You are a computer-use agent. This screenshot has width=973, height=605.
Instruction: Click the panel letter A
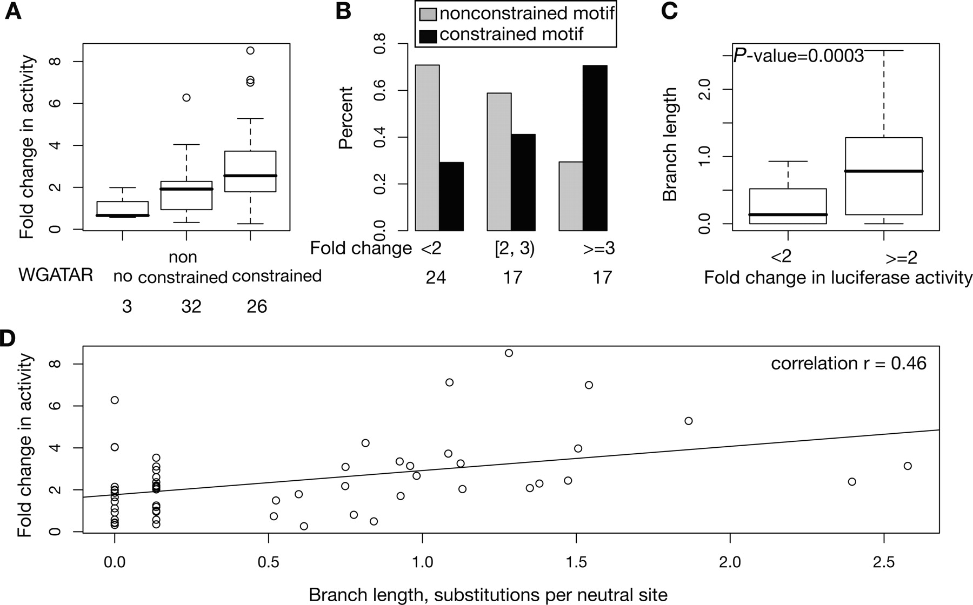click(13, 11)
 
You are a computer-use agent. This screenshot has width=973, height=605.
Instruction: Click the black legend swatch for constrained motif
click(428, 35)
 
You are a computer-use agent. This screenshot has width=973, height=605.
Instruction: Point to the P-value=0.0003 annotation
click(798, 55)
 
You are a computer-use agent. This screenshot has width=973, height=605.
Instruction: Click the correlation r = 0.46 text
click(848, 364)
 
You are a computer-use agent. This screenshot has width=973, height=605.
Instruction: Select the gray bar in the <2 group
click(427, 148)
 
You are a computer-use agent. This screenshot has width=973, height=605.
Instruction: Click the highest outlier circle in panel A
click(250, 51)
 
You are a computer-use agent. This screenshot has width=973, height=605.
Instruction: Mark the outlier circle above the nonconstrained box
click(186, 98)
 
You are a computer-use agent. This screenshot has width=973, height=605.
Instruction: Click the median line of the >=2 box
click(884, 171)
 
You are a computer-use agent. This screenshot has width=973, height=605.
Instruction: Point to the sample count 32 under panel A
click(191, 306)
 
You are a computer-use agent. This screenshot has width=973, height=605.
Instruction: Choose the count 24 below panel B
click(436, 277)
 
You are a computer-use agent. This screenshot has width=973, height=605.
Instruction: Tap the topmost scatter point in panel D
click(509, 353)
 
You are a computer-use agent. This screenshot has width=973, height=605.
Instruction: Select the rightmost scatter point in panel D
click(908, 466)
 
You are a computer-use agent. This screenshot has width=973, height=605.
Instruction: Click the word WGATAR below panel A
click(56, 275)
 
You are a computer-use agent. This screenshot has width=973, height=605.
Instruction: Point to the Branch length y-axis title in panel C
click(670, 145)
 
